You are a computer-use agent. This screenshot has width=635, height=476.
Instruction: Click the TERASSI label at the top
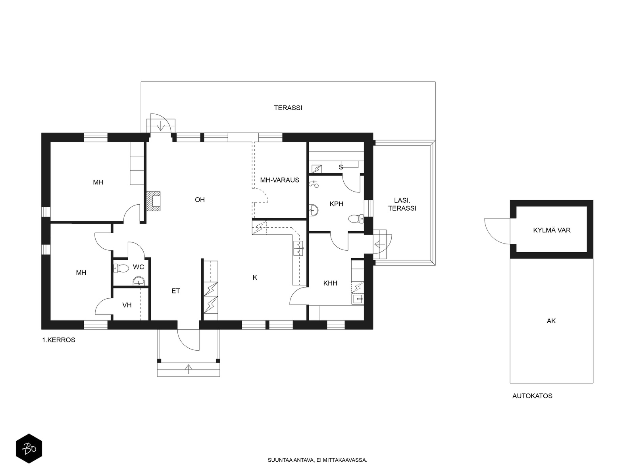point(288,108)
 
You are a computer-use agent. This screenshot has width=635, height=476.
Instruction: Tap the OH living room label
point(200,200)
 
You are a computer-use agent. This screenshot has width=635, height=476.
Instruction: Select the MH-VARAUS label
point(279,180)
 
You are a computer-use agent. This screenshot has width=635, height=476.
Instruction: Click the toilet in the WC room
point(121,268)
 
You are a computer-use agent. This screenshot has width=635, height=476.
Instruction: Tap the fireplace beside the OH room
point(153,201)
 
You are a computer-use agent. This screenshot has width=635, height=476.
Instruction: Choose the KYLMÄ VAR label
point(552,230)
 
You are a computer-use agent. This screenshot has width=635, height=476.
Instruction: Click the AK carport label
point(551,321)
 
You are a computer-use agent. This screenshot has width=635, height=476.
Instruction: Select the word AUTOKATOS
point(532,396)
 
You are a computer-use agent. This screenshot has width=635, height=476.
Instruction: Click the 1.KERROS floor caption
point(59,340)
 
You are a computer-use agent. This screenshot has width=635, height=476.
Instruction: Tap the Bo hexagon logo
point(29,449)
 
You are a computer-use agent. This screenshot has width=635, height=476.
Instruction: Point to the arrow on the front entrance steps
point(189,369)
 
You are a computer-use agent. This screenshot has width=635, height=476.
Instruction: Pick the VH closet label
point(127,305)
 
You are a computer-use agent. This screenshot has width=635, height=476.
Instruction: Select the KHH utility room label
point(330,283)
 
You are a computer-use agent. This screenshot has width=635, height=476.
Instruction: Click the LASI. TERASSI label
point(402,204)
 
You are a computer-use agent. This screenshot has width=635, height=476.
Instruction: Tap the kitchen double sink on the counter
point(298,248)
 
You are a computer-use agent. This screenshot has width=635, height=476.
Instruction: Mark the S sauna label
point(341,167)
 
